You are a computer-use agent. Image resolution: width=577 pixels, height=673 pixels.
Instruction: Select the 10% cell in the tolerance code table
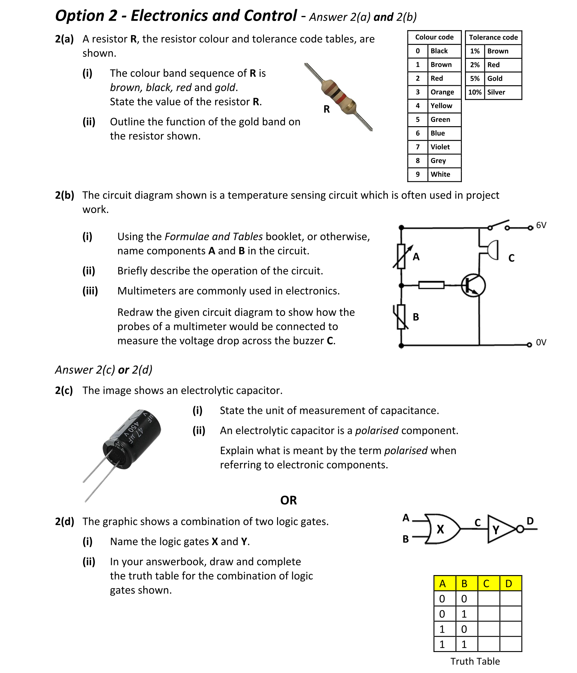point(474,92)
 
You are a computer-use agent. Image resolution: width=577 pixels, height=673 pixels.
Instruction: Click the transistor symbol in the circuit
point(473,285)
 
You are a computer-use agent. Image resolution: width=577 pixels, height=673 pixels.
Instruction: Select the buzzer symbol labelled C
point(490,250)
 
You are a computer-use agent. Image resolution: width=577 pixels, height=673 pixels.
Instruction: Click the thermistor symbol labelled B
point(401,317)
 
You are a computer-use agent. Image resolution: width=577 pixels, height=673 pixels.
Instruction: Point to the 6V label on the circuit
point(541,225)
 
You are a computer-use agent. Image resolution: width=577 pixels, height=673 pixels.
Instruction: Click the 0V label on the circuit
point(541,342)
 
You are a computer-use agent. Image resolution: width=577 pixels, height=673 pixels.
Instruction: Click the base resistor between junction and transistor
point(431,285)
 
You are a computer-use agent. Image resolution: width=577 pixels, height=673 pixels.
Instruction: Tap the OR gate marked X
point(441,529)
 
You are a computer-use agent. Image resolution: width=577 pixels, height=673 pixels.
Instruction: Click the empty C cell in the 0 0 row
point(488,599)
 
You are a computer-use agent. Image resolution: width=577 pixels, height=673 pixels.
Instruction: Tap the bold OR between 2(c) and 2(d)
point(288,500)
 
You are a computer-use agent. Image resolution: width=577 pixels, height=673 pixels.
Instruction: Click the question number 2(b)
point(64,195)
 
